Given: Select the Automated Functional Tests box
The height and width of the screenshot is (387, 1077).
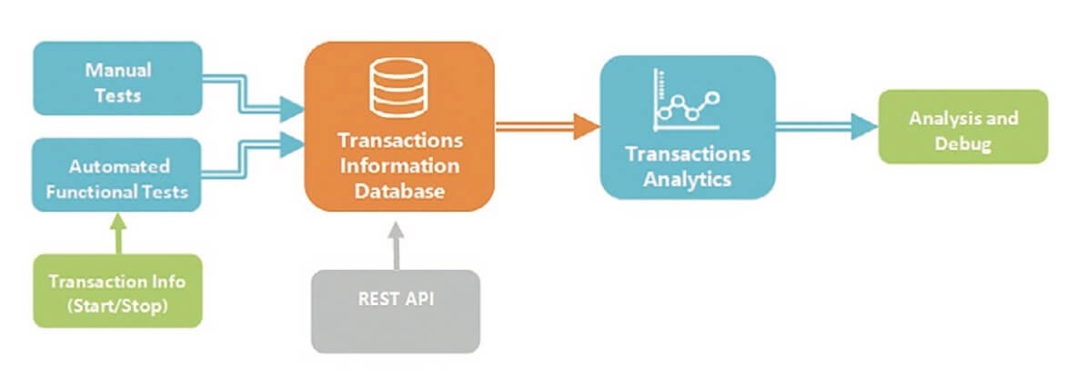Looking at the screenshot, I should [x=116, y=178].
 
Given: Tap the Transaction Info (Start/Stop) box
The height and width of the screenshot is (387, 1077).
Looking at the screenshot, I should [x=116, y=292].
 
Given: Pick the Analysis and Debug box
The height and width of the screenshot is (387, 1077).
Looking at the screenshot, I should [x=963, y=131].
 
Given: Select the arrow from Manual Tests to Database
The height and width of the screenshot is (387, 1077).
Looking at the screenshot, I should [x=255, y=100].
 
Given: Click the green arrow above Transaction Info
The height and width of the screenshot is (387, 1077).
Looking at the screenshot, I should [x=116, y=233].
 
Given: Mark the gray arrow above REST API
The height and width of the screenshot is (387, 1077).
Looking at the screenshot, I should [x=396, y=243].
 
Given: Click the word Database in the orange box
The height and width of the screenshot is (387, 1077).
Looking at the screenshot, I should [x=400, y=192].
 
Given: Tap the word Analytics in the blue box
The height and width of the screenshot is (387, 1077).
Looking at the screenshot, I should [x=687, y=179].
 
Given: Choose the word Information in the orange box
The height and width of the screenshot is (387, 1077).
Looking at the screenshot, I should [x=400, y=166].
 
